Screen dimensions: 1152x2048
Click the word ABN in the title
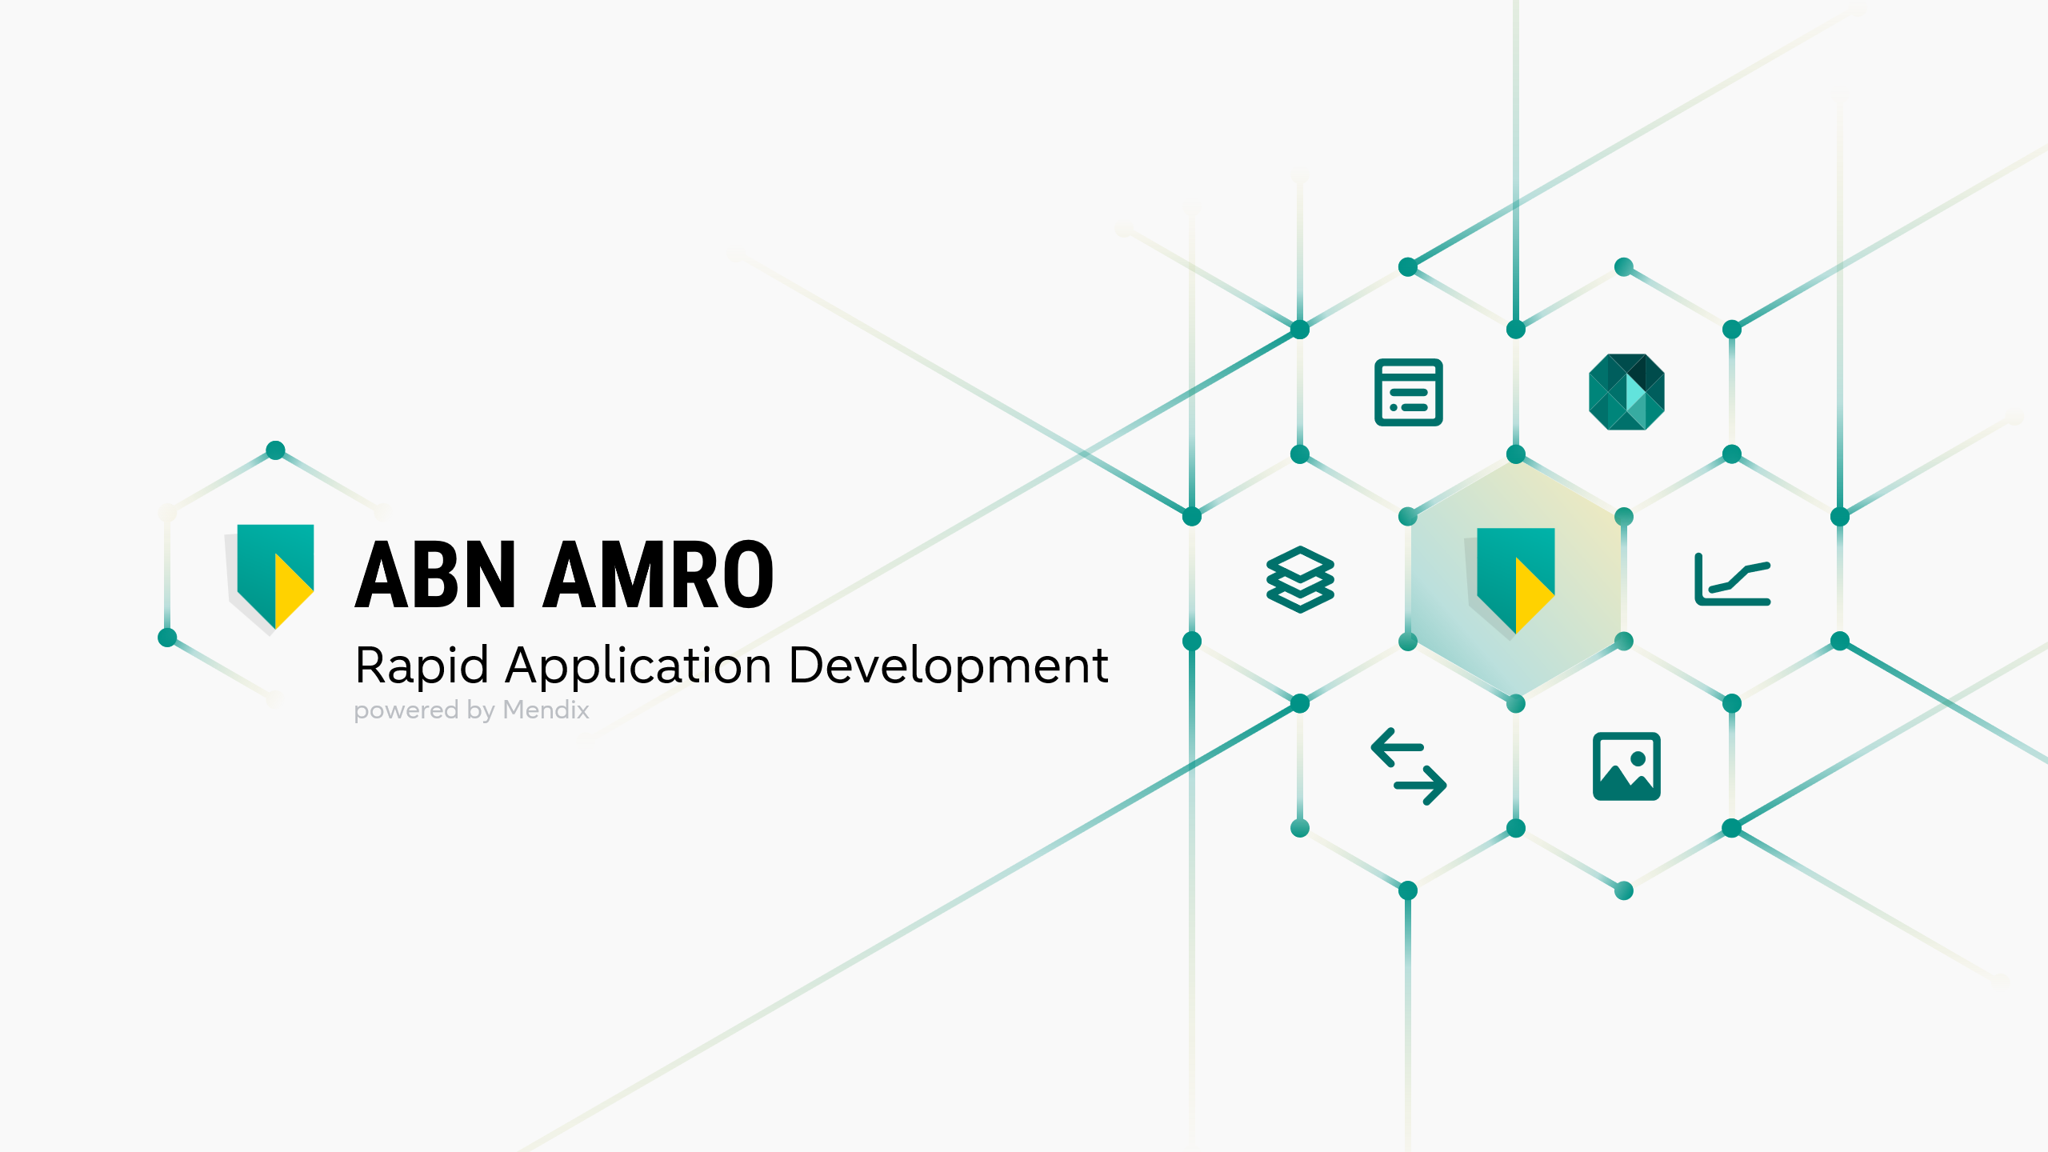tap(435, 574)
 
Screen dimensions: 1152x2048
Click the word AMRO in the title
tap(658, 574)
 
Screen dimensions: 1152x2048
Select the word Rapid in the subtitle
tap(422, 665)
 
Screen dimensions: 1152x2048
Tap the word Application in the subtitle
tap(638, 666)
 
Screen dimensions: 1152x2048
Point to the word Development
tap(948, 666)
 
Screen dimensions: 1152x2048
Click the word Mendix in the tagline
tap(546, 710)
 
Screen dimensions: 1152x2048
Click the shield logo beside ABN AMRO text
tap(272, 576)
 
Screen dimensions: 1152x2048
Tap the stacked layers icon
tap(1300, 579)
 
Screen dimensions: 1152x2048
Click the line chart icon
tap(1732, 579)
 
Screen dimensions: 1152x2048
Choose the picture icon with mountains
tap(1626, 766)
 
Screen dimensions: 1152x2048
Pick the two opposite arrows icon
tap(1408, 766)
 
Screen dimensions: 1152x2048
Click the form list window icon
tap(1408, 392)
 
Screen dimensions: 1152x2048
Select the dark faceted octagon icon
tap(1626, 392)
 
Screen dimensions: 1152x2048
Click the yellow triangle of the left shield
tap(290, 590)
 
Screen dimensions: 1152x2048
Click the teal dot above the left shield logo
tap(275, 450)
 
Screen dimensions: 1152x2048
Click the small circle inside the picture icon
tap(1638, 758)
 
